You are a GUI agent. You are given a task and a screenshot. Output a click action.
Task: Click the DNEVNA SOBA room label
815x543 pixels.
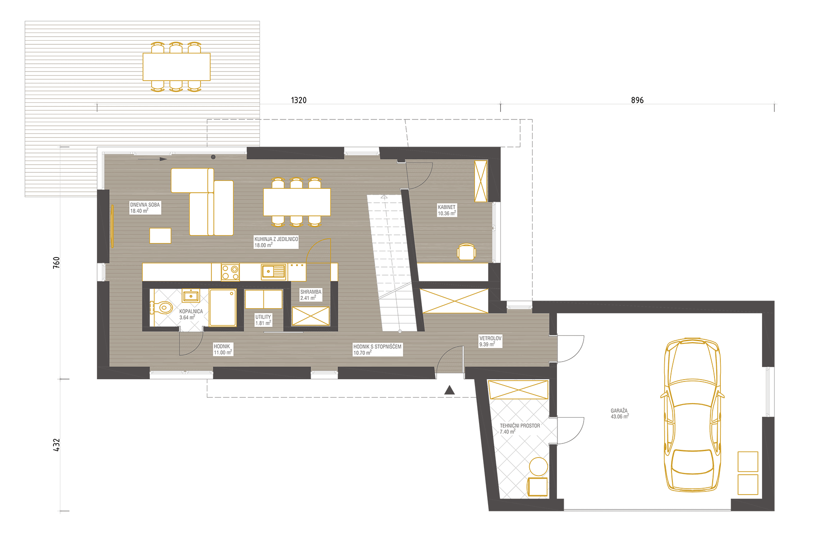click(145, 205)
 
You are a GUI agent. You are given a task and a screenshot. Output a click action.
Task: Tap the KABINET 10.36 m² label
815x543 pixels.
click(447, 210)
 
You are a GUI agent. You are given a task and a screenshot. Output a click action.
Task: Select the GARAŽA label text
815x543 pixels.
click(619, 411)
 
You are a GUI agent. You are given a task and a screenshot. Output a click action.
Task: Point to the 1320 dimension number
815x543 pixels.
click(299, 100)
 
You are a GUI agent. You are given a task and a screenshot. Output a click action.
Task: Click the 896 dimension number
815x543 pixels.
click(637, 100)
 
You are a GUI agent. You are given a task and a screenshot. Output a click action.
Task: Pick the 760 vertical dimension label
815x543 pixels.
click(57, 263)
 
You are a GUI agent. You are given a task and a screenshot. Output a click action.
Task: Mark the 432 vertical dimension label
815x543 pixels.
click(57, 445)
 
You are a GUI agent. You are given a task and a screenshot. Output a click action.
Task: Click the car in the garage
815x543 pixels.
click(692, 415)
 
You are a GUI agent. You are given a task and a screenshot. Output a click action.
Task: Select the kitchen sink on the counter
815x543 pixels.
click(273, 271)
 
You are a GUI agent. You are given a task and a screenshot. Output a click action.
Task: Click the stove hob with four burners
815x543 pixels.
click(230, 272)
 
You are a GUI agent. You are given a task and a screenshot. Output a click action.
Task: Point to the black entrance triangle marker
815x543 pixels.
click(449, 390)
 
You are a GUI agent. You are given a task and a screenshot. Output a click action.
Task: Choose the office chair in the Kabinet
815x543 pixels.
click(466, 252)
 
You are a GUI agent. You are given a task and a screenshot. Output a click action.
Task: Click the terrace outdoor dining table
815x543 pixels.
click(177, 67)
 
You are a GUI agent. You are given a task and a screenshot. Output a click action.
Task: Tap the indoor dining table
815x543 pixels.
click(297, 202)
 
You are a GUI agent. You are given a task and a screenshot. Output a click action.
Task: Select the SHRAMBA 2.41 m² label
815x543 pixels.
click(311, 295)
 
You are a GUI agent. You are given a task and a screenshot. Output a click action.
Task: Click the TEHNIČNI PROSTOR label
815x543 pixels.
click(520, 426)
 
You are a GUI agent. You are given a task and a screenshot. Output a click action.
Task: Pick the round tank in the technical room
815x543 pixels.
click(538, 467)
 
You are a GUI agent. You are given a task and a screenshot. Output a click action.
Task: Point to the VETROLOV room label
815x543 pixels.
click(490, 338)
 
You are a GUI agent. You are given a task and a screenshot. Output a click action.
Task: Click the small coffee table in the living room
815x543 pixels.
click(160, 236)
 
